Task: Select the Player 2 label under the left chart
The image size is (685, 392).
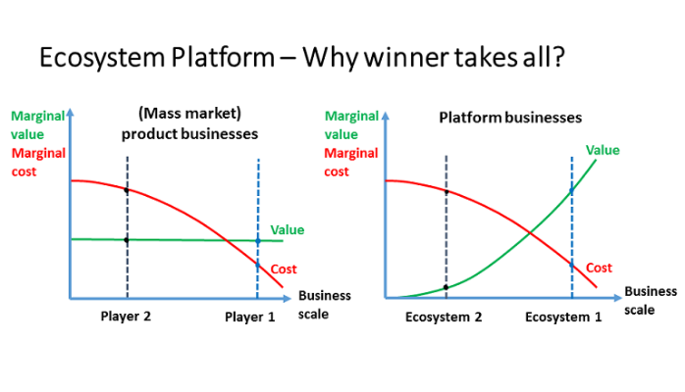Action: (x=127, y=317)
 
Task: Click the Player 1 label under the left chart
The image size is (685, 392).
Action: (x=251, y=317)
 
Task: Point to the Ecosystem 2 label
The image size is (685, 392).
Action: (x=444, y=317)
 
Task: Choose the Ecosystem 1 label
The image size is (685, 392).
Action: (x=564, y=317)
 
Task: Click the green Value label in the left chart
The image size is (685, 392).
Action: (x=288, y=229)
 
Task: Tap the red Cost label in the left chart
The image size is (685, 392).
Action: (x=284, y=269)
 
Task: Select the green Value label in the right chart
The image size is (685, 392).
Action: (x=602, y=150)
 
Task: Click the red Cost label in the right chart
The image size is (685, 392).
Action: (x=599, y=268)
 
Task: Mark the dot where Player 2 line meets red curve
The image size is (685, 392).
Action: (x=127, y=190)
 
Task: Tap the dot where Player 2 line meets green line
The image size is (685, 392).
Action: (x=127, y=239)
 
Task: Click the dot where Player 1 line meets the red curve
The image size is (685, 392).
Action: (x=257, y=265)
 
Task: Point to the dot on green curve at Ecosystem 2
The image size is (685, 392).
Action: (x=447, y=287)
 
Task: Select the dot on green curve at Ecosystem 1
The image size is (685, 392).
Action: (x=571, y=190)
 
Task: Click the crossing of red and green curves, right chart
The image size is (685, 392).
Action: (x=530, y=232)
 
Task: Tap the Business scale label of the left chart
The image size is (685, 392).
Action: (x=317, y=304)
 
